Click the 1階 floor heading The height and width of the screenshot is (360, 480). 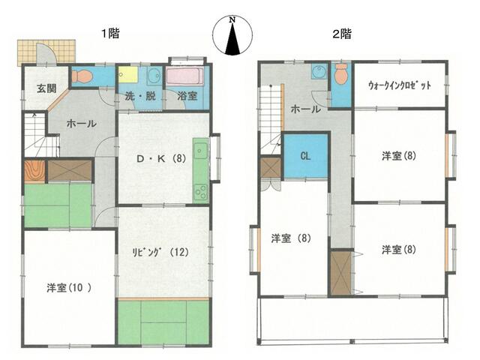(110, 33)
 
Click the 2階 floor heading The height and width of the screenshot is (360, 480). (342, 34)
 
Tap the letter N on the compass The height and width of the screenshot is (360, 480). (232, 20)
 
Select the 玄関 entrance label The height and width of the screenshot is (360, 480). (46, 88)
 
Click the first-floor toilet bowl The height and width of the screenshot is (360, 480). (82, 76)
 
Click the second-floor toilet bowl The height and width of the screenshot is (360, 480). (340, 73)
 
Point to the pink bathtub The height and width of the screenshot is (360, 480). (184, 76)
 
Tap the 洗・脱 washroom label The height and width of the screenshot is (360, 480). (140, 97)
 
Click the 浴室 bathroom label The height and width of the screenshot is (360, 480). (187, 96)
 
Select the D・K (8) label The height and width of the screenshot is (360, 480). (161, 158)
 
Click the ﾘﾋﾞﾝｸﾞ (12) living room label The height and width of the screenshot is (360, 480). (160, 252)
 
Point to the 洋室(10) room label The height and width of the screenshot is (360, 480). (68, 288)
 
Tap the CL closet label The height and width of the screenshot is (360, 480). (305, 156)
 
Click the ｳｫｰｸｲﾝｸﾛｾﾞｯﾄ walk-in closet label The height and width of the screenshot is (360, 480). (400, 85)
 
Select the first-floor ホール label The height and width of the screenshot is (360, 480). (81, 124)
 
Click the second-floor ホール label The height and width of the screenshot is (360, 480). (305, 109)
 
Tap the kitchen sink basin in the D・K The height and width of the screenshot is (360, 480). (200, 151)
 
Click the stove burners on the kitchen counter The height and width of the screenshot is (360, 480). (200, 192)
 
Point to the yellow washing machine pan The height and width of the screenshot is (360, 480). (128, 74)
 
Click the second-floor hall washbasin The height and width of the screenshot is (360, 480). (319, 72)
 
